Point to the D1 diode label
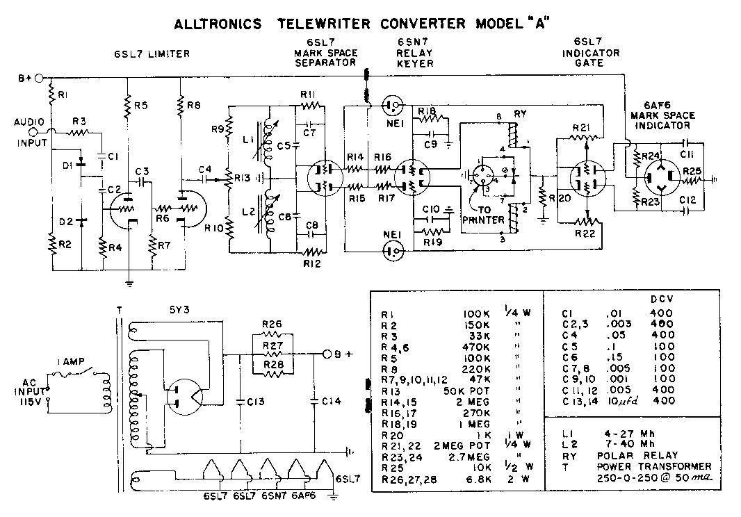67,166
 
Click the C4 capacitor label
206,170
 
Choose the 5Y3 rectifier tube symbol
186,397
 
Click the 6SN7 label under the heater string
271,497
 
